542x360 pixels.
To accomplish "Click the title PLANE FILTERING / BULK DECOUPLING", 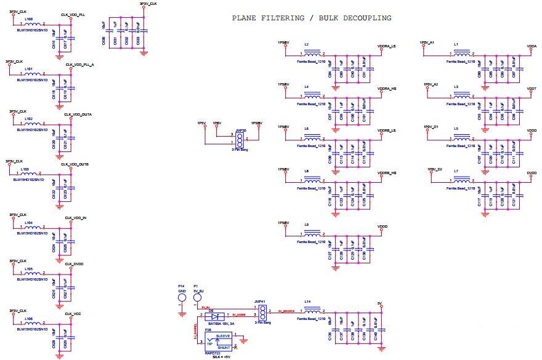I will tap(311, 18).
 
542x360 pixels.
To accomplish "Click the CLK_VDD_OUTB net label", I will tap(76, 164).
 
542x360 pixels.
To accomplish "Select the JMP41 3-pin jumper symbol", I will tap(261, 311).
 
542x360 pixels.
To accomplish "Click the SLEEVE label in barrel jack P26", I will tap(223, 336).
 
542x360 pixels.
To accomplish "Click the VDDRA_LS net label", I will tap(386, 46).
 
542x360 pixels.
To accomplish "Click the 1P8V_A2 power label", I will tap(431, 84).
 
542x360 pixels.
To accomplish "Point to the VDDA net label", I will tap(532, 46).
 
